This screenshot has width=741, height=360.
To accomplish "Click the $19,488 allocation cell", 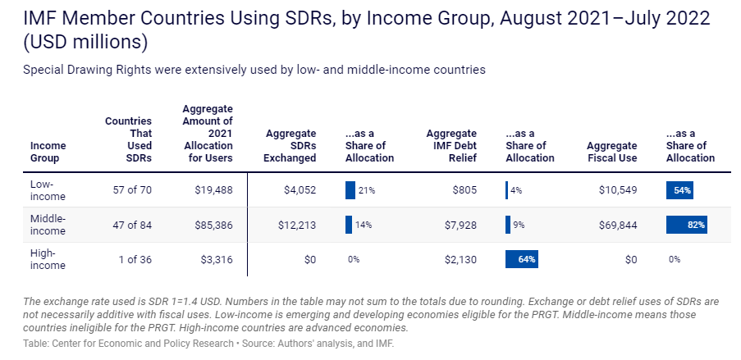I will (216, 190).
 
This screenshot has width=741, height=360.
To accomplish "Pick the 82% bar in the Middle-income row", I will (687, 225).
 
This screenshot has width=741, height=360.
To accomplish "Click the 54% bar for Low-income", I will (680, 190).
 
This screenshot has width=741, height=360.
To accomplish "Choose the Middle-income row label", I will (48, 225).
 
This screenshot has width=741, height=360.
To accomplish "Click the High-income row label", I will (48, 259).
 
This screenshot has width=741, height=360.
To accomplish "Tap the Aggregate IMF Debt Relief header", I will (451, 145).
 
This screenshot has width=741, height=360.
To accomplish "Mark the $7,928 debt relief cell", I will (460, 225).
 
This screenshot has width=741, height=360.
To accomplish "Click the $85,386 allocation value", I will (216, 225).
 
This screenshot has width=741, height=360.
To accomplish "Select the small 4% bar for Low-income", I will (507, 190).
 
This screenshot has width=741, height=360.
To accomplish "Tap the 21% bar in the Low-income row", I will (350, 190).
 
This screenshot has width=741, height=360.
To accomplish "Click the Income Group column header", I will (48, 152).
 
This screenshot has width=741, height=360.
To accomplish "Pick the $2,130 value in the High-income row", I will (460, 259).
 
